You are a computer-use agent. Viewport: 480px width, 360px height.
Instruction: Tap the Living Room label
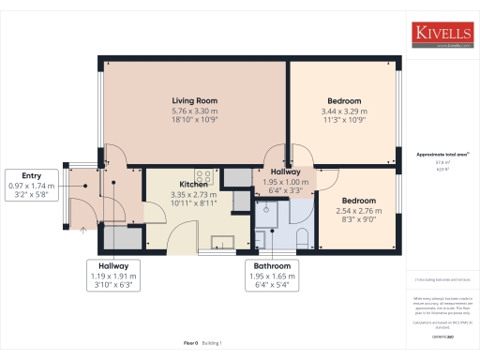(194, 100)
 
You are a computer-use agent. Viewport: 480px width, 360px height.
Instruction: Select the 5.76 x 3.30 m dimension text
(194, 111)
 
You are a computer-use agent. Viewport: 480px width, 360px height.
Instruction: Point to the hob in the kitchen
(205, 175)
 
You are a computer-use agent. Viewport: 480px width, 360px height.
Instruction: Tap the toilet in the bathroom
(306, 235)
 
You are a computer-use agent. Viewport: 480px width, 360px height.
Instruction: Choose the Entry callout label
(31, 176)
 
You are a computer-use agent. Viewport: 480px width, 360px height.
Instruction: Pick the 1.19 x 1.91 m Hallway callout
(112, 277)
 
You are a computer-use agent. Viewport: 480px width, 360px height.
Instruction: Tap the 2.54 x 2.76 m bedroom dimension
(359, 211)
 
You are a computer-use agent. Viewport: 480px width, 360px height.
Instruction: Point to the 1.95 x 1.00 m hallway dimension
(287, 183)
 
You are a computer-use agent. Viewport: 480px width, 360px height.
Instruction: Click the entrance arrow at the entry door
(82, 227)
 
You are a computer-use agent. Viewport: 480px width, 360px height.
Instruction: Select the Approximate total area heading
(438, 154)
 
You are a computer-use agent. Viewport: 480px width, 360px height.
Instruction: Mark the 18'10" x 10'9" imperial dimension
(194, 121)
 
